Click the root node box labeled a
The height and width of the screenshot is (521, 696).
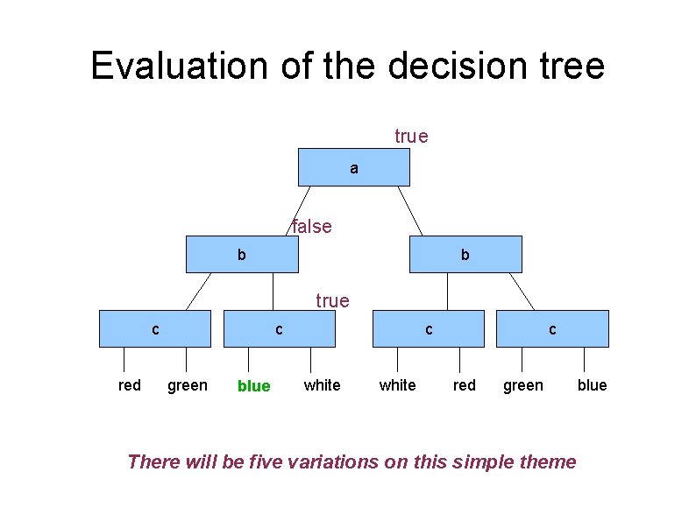pyautogui.click(x=354, y=167)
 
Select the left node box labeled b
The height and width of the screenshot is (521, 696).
pyautogui.click(x=242, y=254)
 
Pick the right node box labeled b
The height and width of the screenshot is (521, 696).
pyautogui.click(x=465, y=254)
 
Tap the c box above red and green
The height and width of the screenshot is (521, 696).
pyautogui.click(x=155, y=328)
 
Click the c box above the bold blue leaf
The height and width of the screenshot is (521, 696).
pyautogui.click(x=280, y=328)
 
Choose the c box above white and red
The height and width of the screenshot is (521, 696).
pyautogui.click(x=429, y=328)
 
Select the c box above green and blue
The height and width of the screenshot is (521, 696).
pyautogui.click(x=552, y=328)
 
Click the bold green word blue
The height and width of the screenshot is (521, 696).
pyautogui.click(x=254, y=386)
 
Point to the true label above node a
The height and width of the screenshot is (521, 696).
pyautogui.click(x=411, y=136)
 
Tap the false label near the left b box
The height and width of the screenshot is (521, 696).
pyautogui.click(x=311, y=226)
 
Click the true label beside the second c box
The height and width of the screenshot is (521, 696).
pyautogui.click(x=332, y=300)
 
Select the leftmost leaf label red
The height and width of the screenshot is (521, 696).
pyautogui.click(x=130, y=385)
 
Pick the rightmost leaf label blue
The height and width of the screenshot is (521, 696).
pyautogui.click(x=593, y=385)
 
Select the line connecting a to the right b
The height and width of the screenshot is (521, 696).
pyautogui.click(x=410, y=211)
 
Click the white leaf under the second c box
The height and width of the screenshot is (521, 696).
pyautogui.click(x=323, y=385)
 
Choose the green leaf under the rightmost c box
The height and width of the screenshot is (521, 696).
pyautogui.click(x=523, y=385)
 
